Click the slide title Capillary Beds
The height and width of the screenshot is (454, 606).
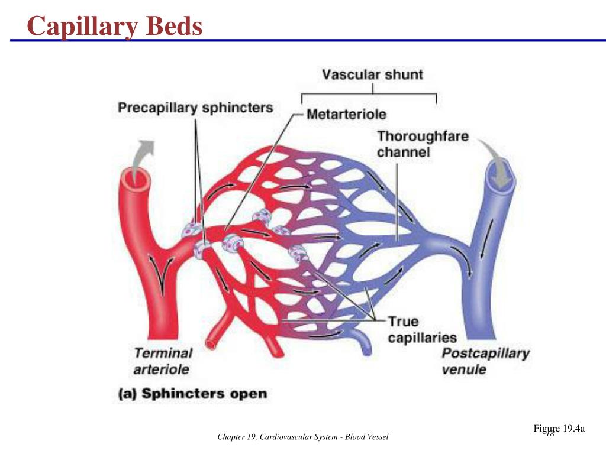coord(115,26)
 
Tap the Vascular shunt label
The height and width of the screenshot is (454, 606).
coord(373,74)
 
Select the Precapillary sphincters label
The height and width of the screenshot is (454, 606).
coord(195,108)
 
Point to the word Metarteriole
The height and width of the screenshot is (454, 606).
coord(346,114)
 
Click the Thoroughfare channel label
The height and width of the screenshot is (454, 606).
coord(423,144)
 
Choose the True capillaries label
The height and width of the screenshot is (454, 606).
coord(423,330)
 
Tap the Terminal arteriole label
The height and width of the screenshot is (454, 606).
coord(163,361)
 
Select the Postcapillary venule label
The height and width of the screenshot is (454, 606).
coord(485,361)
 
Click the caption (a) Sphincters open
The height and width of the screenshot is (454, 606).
coord(192,394)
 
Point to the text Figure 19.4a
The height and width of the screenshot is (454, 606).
coord(559,429)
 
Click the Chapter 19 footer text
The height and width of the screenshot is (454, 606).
coord(302,437)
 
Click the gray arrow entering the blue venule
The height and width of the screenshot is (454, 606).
coord(496,162)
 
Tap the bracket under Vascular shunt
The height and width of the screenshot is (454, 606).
coord(369,94)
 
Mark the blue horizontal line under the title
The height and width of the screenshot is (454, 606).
coord(308,40)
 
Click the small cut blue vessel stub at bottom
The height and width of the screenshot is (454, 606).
coord(362,342)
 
